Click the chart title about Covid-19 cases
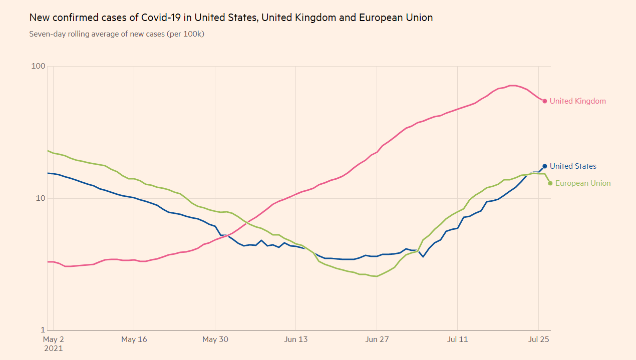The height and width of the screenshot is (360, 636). (x=231, y=18)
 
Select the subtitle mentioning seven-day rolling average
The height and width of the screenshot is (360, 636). (x=117, y=34)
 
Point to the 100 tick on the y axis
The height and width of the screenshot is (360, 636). (x=39, y=66)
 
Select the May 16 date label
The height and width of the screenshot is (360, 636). (x=134, y=339)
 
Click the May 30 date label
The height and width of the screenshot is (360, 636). (x=215, y=339)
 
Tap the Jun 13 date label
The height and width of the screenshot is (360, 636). (x=296, y=339)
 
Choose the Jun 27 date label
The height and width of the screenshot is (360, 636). (x=377, y=339)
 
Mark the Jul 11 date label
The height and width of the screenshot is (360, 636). (x=458, y=339)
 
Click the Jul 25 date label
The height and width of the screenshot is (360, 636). (x=539, y=339)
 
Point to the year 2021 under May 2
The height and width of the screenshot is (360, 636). (x=54, y=348)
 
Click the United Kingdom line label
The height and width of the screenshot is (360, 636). (x=577, y=101)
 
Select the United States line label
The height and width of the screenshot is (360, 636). (x=573, y=166)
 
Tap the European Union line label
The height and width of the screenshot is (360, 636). (x=583, y=183)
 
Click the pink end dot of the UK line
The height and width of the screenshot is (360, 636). (x=545, y=101)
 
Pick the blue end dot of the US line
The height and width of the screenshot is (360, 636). (x=545, y=166)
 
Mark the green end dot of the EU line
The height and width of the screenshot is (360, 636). (x=550, y=183)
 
